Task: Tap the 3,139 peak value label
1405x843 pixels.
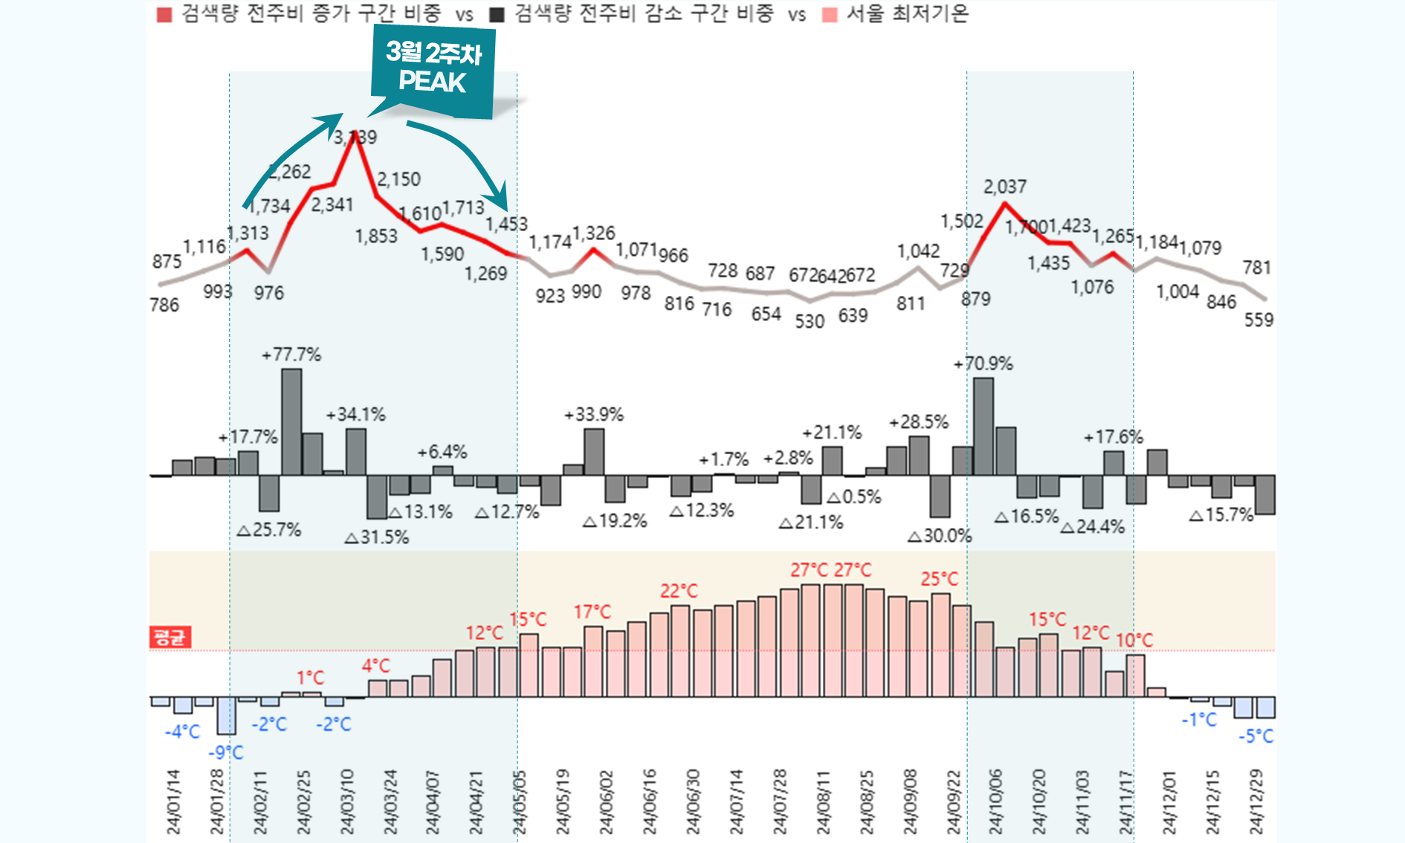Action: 355,138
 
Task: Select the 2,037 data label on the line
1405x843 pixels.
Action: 1004,187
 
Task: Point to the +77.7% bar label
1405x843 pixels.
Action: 291,355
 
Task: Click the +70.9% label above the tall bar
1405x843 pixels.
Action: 983,364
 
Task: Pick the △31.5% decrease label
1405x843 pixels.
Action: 377,537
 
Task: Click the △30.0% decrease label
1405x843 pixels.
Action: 940,535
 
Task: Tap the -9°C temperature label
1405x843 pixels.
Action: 226,752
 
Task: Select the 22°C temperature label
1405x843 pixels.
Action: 679,591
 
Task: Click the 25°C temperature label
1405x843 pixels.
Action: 939,579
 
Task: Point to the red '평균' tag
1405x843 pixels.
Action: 170,637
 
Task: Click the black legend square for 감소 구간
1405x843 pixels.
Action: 497,15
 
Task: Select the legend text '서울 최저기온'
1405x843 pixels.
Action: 907,14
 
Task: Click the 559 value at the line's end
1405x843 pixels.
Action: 1259,320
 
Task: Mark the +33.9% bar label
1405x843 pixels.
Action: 594,414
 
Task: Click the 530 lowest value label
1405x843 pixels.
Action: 810,321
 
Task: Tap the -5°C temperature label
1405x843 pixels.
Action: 1256,736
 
